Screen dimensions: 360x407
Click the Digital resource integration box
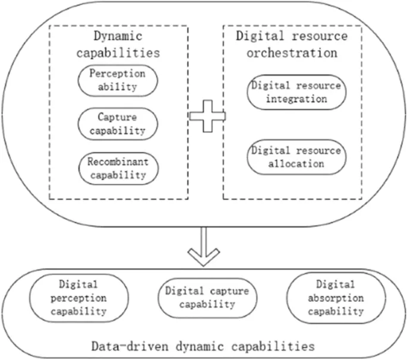click(x=296, y=92)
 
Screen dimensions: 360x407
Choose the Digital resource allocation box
click(x=296, y=157)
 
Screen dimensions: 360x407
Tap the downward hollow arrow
click(x=203, y=246)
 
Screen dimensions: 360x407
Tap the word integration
click(x=296, y=99)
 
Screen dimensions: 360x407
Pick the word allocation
click(x=296, y=163)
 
